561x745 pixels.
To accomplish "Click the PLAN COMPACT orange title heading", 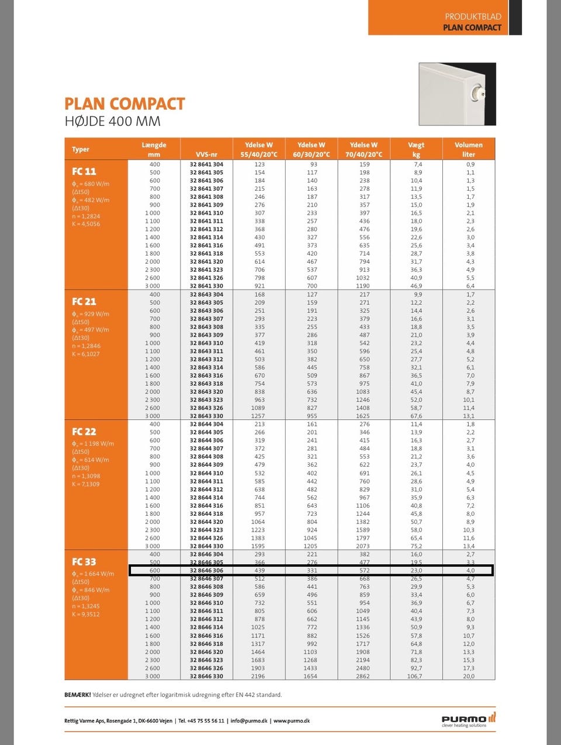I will tap(124, 104).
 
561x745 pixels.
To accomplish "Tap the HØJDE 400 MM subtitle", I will tap(112, 122).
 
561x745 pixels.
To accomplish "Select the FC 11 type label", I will tap(84, 171).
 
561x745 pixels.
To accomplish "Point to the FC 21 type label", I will tap(84, 302).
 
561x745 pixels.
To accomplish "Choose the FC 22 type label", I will tap(84, 432).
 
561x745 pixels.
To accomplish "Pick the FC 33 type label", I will tap(84, 562).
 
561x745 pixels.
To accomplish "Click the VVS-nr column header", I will tap(206, 154).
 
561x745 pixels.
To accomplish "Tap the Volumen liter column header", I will tap(469, 149).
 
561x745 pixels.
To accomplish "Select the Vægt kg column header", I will tap(416, 149).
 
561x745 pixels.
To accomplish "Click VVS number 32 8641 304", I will tap(206, 164).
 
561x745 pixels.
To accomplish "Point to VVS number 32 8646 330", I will tap(206, 676).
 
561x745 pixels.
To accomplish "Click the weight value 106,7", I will tap(414, 676).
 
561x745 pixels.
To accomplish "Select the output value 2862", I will tap(363, 676).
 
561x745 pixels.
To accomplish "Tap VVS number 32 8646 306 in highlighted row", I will tap(206, 570).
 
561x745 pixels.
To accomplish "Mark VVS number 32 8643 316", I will tap(206, 375).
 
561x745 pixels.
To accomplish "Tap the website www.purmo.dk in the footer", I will tap(292, 721).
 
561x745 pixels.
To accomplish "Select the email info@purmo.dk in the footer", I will tap(249, 721).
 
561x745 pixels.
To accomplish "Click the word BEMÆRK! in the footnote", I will tap(78, 695).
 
